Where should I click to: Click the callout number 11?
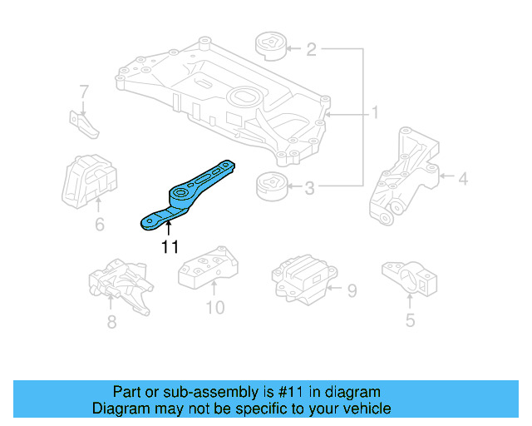coord(170,246)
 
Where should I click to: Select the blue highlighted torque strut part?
coord(187,196)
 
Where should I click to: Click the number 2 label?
coord(311,50)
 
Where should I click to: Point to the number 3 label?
coord(309,189)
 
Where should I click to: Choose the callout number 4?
coord(462,177)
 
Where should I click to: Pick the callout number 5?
coord(410,319)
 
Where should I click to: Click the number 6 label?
coord(99,225)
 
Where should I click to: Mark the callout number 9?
coord(352,290)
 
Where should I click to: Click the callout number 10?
coord(214,309)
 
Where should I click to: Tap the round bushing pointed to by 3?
coord(271,186)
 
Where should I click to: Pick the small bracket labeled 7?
coord(83,122)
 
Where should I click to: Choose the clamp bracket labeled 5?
coord(409,277)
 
